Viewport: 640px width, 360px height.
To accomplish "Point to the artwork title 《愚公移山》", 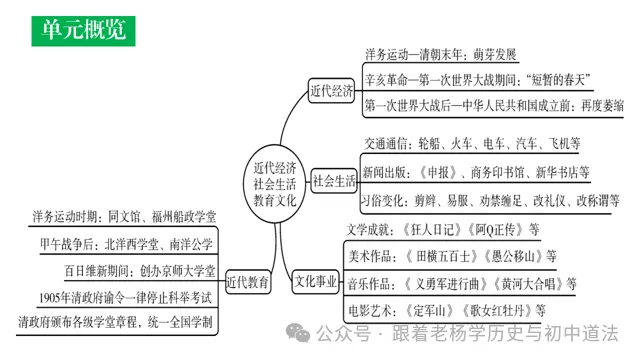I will [504, 255].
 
